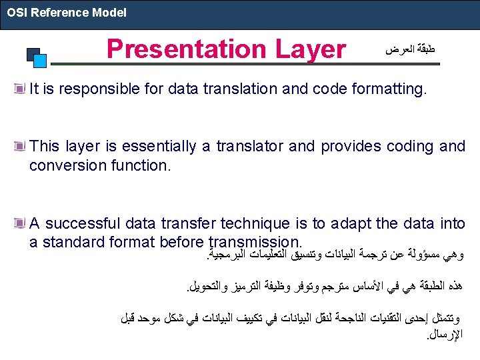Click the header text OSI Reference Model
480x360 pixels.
67,13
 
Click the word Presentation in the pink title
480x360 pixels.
187,49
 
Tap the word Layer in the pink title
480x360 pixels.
311,50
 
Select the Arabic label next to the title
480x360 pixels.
410,49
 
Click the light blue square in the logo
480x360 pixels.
40,61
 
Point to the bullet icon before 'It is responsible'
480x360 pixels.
19,89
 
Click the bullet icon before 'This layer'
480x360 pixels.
19,146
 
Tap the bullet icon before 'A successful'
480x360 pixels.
19,223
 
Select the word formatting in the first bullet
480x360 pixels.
389,89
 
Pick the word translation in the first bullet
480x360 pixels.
240,89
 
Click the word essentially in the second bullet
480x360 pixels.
159,147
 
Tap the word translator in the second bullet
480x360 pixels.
249,146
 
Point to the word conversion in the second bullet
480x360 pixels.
67,165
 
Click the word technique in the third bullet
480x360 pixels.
255,224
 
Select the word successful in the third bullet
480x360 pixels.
83,223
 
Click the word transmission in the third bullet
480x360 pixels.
255,242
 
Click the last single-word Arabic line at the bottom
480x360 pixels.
445,335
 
